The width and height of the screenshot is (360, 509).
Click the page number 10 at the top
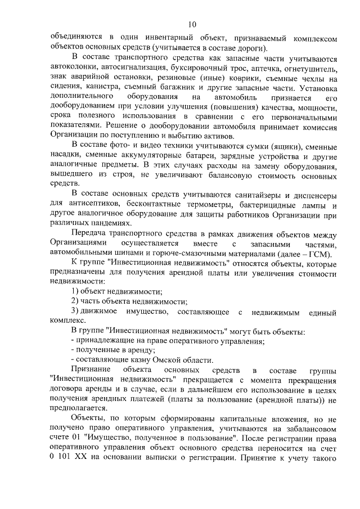tap(192, 24)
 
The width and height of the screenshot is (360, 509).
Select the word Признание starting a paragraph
tap(92, 371)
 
